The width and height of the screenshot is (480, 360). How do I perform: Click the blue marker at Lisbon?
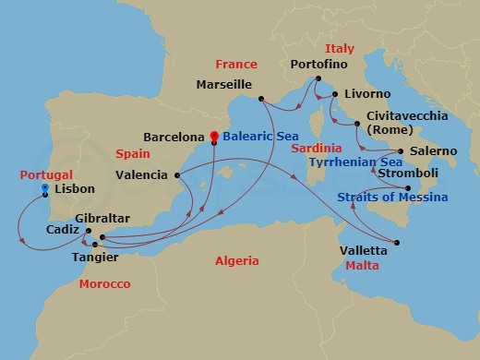coord(45,189)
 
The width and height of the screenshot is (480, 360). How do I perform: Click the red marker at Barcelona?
coord(213,137)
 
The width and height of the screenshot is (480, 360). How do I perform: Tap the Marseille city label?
coord(224,84)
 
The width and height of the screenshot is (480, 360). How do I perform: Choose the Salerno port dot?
coord(400,150)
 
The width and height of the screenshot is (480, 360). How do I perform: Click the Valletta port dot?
coord(397,244)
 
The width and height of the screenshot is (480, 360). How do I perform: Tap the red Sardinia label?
coord(316,148)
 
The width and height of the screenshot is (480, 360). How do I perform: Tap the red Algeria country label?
coord(237,261)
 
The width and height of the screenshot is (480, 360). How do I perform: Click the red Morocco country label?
coord(104,284)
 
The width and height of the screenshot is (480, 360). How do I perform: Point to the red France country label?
coord(235,66)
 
